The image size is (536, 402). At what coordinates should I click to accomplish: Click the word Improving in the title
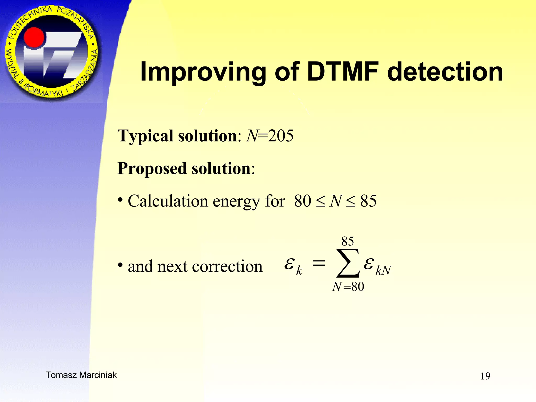coord(203,72)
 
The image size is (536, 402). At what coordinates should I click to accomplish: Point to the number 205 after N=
coord(281,136)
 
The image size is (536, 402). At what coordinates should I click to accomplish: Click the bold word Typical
coord(146,136)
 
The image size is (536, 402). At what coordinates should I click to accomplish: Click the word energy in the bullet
coord(236,202)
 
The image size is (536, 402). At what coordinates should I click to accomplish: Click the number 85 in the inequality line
coord(368,201)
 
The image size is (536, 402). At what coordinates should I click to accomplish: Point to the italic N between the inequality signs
coord(336,201)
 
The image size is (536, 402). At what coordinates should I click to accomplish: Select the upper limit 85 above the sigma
coord(348,241)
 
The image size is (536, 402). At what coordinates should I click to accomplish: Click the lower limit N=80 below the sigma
coord(348,287)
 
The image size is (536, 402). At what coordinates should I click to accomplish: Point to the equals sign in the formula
coord(319,263)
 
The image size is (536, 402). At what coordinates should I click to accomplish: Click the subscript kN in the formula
coord(383,270)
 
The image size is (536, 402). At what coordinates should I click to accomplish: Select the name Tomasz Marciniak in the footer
coord(81,375)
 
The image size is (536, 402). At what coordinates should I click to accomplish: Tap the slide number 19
coord(485,376)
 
